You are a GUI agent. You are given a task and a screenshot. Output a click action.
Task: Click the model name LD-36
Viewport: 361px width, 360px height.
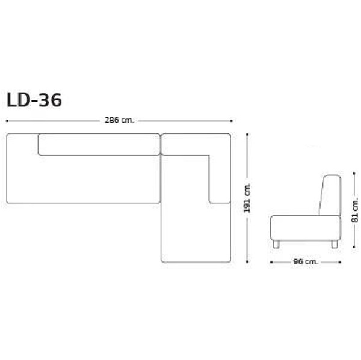point(34,100)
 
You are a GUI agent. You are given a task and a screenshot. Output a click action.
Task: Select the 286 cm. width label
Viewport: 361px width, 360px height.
point(119,120)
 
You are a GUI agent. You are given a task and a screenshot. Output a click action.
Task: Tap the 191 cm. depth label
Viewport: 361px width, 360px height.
point(247,198)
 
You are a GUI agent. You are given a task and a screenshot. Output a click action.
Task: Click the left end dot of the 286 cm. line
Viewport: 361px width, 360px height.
point(7,120)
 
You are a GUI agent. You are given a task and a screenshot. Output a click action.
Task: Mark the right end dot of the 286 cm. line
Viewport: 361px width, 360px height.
point(231,120)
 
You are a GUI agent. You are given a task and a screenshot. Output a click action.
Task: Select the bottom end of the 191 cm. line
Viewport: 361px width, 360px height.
point(247,262)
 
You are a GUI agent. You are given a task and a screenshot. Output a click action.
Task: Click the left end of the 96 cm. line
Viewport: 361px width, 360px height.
point(271,261)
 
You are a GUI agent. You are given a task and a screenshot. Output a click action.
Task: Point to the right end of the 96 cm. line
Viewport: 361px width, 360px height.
point(339,261)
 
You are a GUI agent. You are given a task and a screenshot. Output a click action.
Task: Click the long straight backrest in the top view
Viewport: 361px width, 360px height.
point(99,144)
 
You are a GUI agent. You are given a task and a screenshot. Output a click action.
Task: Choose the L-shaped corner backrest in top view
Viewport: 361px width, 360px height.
point(219,162)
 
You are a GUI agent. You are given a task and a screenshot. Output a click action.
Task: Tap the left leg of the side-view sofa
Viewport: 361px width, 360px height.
point(276,243)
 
